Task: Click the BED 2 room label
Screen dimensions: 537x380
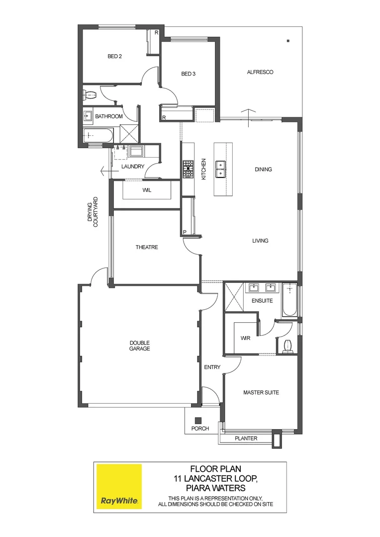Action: click(x=115, y=57)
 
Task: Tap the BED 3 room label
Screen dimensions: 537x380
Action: click(x=188, y=74)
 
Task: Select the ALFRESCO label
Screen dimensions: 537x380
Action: click(x=260, y=72)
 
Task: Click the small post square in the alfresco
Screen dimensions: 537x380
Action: click(x=288, y=41)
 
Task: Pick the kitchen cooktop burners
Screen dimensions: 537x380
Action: click(x=188, y=169)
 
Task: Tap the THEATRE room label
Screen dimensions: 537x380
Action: click(x=147, y=247)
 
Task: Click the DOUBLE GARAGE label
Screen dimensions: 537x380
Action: click(x=140, y=346)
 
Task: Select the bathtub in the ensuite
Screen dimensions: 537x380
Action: click(x=289, y=301)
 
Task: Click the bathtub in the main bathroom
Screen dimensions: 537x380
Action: click(x=98, y=135)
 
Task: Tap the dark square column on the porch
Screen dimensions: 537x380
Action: click(x=198, y=420)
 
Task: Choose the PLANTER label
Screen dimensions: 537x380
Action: click(x=246, y=438)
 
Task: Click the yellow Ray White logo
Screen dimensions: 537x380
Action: click(x=119, y=487)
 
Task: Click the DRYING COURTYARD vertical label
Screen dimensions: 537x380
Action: click(x=93, y=213)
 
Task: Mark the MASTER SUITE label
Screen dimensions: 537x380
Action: click(x=261, y=392)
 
